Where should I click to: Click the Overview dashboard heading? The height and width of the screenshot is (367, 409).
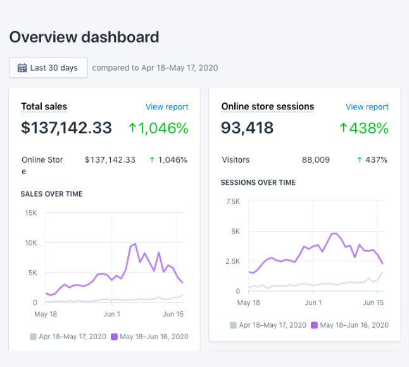pos(84,37)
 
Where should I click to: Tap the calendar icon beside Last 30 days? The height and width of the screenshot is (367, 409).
pos(22,68)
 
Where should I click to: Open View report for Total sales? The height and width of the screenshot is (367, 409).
pos(167,107)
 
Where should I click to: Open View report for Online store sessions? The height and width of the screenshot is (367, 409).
pos(367,107)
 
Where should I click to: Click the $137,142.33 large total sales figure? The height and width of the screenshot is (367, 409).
pos(66,128)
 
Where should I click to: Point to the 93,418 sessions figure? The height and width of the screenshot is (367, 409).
pos(248,128)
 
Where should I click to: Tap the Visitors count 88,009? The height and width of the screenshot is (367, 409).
pos(316,160)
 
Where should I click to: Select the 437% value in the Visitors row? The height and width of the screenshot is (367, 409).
pos(375,160)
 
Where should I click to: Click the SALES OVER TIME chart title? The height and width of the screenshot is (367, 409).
pos(51,194)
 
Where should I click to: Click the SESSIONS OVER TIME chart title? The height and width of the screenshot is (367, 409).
pos(258,182)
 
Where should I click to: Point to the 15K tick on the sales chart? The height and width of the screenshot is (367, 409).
pos(31,213)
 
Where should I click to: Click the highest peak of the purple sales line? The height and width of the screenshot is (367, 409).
pos(135,244)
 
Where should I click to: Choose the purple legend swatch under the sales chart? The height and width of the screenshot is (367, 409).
pos(115,337)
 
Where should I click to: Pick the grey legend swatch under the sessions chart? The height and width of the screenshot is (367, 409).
pos(234,325)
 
